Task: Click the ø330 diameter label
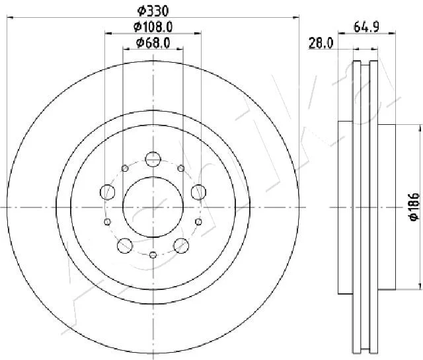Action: (153, 11)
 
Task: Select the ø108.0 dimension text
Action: (153, 26)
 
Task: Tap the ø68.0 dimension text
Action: (153, 42)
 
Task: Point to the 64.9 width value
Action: (367, 26)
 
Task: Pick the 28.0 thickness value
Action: (321, 43)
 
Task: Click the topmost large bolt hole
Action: (153, 159)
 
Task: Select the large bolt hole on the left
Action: (107, 192)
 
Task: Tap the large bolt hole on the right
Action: (198, 192)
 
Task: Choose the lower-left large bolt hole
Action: (125, 245)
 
